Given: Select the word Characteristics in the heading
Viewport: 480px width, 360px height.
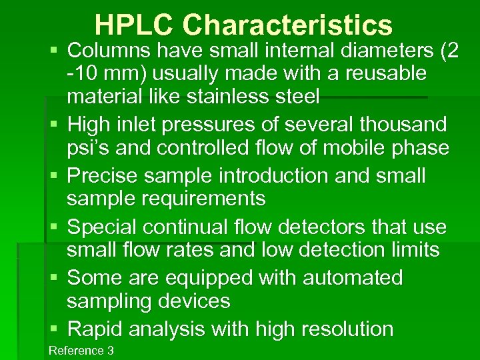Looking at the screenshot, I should pos(287,25).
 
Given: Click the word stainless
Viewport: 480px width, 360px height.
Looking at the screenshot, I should pos(237,97).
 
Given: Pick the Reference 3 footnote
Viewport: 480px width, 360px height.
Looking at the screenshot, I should pos(81,351).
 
